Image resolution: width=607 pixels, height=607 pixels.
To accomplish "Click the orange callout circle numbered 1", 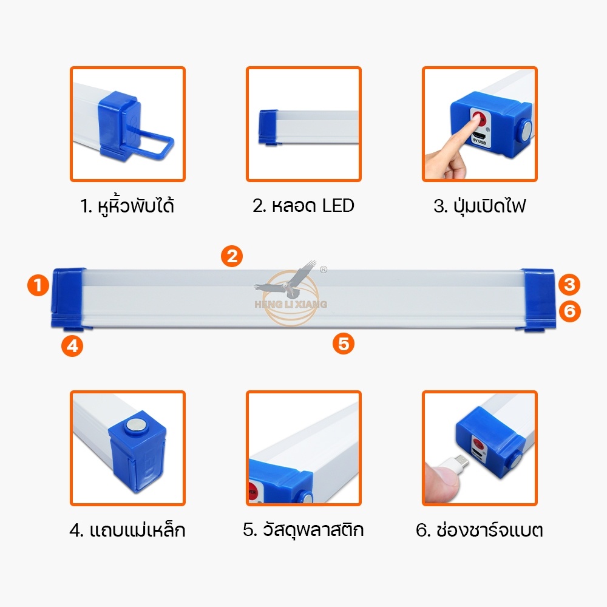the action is (x=38, y=285).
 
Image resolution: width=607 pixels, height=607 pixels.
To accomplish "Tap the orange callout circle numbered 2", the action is (x=231, y=256).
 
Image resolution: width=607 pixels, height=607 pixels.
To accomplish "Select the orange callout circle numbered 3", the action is (x=569, y=285).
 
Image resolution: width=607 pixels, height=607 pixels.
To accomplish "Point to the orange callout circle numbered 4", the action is (x=72, y=346).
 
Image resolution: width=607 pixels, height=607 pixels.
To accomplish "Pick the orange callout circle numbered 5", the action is (x=344, y=344).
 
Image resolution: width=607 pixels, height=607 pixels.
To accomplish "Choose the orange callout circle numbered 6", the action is (x=569, y=311).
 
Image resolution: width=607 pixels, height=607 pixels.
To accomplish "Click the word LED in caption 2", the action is (x=338, y=206).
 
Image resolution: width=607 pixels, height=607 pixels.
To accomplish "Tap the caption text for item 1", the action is (x=127, y=205).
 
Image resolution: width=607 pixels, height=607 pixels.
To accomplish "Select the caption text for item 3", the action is (x=480, y=206).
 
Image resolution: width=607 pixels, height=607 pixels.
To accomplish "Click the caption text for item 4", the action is (x=127, y=529).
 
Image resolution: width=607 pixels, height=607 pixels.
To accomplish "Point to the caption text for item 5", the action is (x=303, y=529).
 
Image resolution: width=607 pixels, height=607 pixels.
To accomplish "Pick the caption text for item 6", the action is (x=480, y=530).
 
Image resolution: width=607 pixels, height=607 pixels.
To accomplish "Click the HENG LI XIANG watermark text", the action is (x=291, y=304).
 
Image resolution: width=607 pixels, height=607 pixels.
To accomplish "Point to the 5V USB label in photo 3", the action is (x=479, y=141).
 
